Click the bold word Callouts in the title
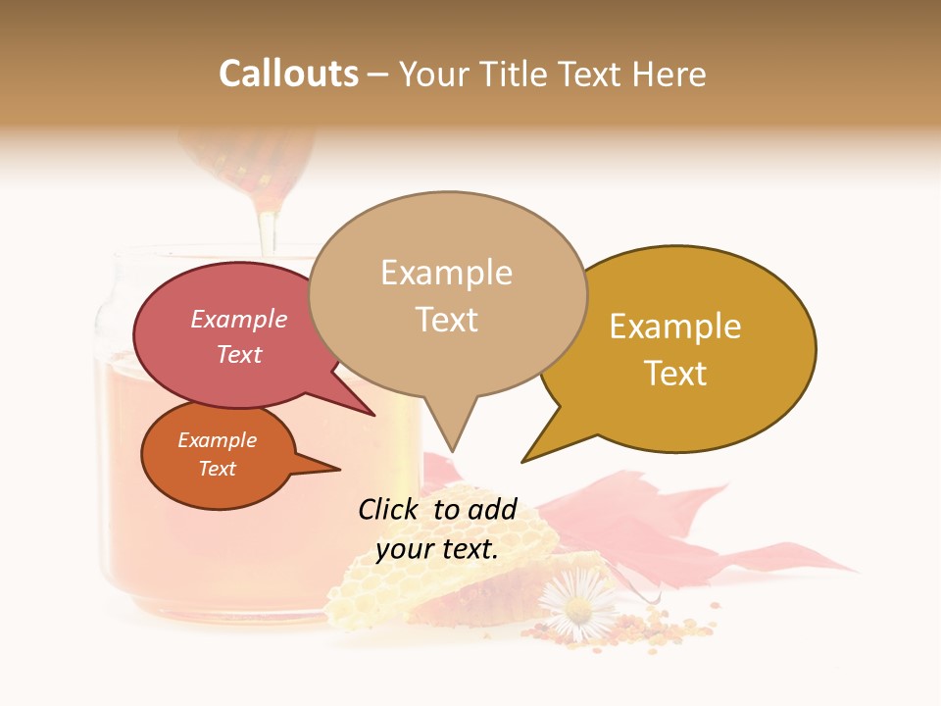tap(288, 74)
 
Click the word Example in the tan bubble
tap(446, 273)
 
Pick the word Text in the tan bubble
tap(446, 320)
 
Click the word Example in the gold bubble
tap(675, 327)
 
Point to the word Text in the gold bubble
tap(675, 374)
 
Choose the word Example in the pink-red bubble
tap(238, 320)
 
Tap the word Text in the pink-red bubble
tap(238, 354)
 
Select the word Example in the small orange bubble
tap(217, 440)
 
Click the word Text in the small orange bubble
tap(217, 469)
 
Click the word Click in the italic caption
tap(388, 509)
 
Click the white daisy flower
tap(578, 608)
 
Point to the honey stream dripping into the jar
tap(267, 227)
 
